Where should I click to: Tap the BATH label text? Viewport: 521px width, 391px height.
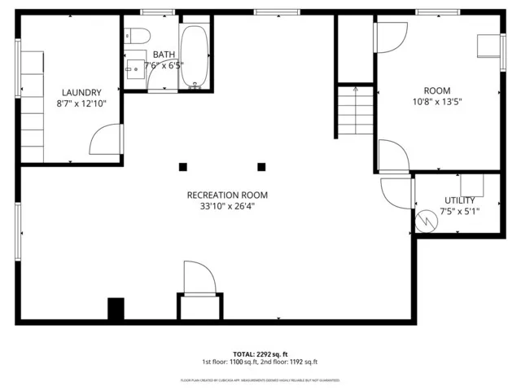coord(163,54)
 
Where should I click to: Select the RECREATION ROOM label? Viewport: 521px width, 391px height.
coord(227,195)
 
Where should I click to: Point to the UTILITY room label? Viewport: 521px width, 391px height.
coord(459,200)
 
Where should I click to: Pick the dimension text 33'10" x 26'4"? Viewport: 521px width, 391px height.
coord(227,207)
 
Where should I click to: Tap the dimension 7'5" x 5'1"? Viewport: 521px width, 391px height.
coord(459,211)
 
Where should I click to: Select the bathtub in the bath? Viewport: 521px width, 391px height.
coord(194,55)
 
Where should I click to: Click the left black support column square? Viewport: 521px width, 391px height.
coord(183,167)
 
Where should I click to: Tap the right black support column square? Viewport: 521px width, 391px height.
coord(262,167)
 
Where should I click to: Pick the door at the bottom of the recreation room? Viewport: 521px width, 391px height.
coord(199,279)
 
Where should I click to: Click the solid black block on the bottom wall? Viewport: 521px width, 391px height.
coord(116,309)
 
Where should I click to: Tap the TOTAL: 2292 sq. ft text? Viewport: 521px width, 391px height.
coord(260,354)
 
